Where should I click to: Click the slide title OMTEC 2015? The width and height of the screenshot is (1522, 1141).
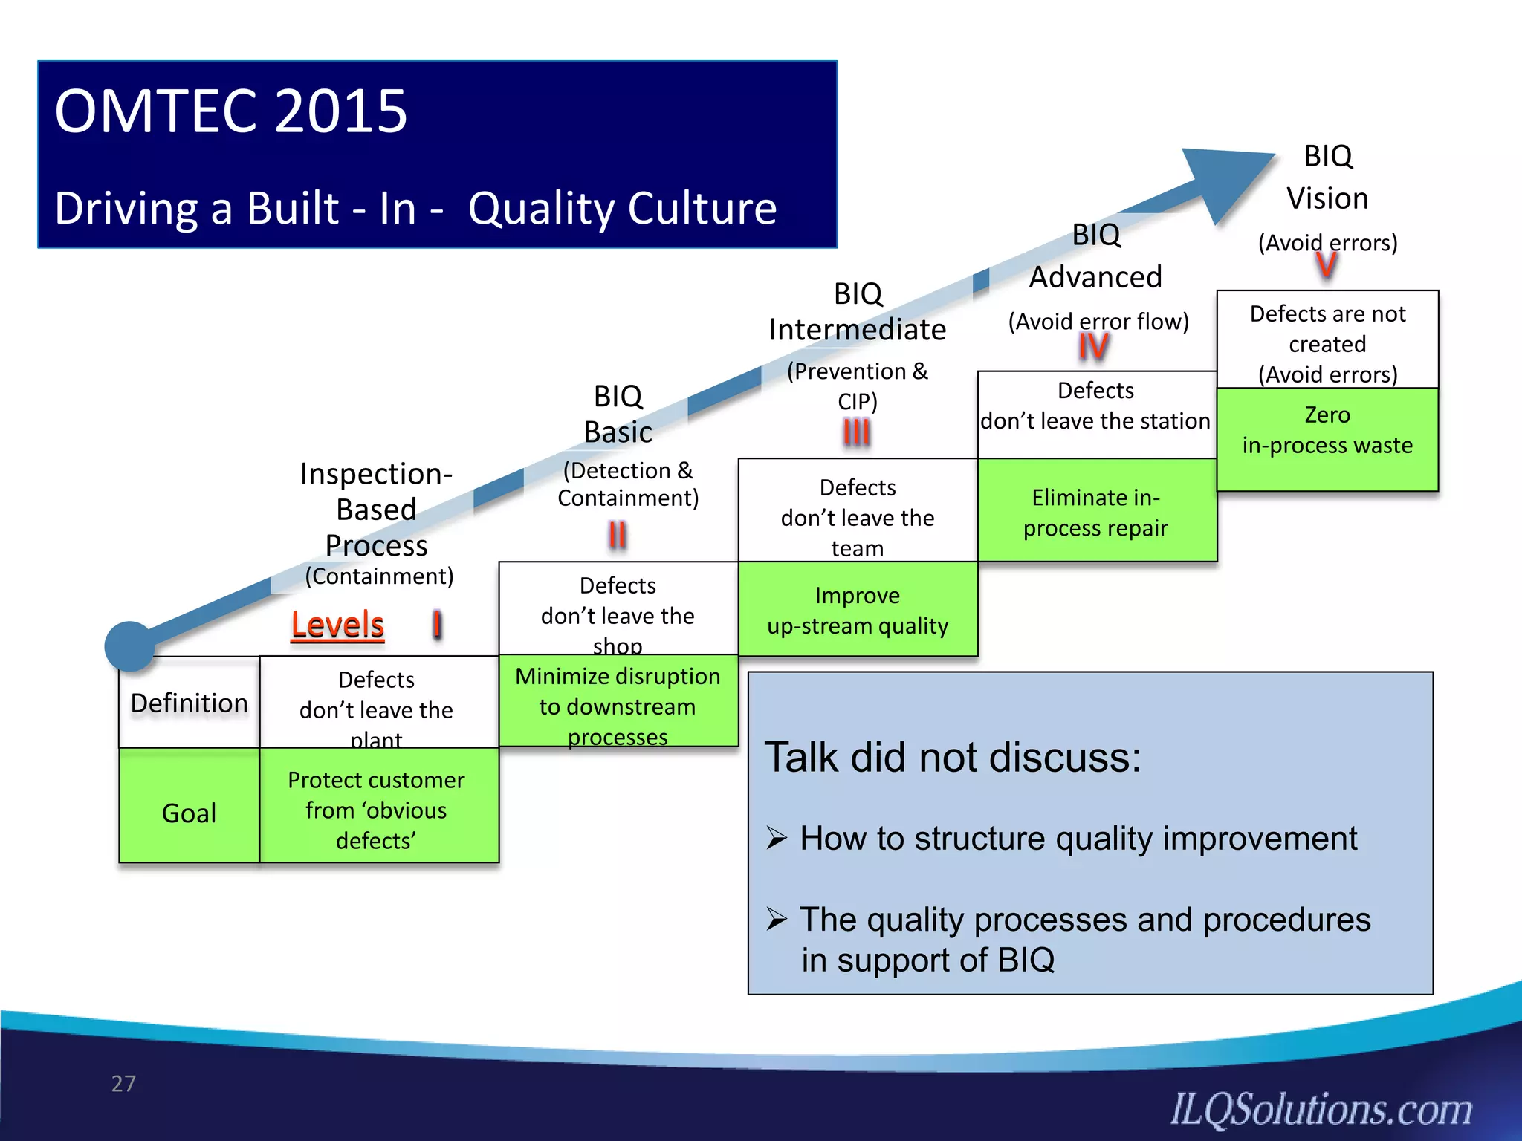point(230,111)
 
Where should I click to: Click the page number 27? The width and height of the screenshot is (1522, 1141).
point(123,1084)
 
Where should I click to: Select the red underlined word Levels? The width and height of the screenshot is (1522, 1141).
point(337,625)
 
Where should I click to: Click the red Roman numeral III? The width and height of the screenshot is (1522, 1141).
point(856,432)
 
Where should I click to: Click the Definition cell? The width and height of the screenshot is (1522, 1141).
point(190,703)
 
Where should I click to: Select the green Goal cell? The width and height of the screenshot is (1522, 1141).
point(190,813)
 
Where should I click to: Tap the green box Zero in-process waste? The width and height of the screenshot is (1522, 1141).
point(1327,438)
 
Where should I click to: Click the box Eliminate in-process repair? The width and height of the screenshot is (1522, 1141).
point(1096,511)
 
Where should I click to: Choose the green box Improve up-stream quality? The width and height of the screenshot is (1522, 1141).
point(858,610)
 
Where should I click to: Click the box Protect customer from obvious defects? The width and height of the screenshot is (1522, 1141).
point(377,809)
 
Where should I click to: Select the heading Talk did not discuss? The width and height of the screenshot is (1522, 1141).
point(953,758)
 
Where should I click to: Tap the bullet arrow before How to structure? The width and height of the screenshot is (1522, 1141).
point(777,839)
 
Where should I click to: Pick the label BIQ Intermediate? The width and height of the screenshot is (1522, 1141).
point(858,312)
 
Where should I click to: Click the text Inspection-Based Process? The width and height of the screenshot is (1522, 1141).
point(377,510)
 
